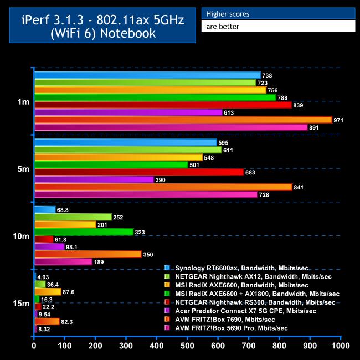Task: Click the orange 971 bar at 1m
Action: (x=183, y=120)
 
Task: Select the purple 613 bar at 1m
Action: (x=128, y=112)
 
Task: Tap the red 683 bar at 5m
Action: (x=139, y=172)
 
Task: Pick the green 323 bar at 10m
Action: (x=84, y=232)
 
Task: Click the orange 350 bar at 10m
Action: (x=88, y=254)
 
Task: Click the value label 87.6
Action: (x=69, y=292)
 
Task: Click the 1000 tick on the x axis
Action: (x=340, y=346)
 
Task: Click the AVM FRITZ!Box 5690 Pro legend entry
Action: (x=231, y=328)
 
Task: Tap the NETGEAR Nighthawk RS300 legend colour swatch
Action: (x=167, y=302)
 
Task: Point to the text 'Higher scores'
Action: (x=228, y=14)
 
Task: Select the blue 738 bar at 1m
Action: (x=147, y=75)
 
